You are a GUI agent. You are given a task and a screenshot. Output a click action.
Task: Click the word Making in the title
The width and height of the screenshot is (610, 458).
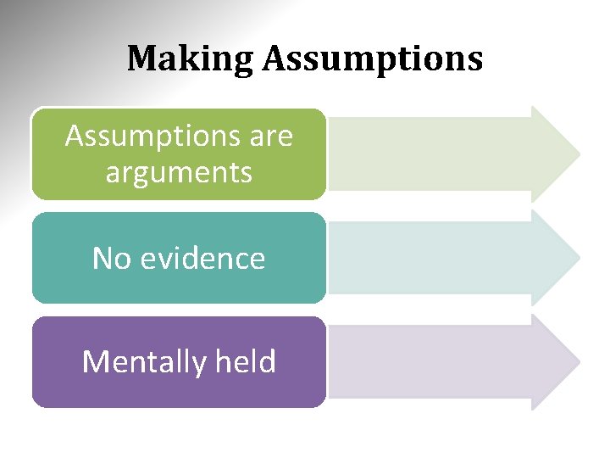(191, 59)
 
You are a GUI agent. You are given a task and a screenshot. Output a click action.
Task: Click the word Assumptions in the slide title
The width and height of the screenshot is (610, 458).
(373, 59)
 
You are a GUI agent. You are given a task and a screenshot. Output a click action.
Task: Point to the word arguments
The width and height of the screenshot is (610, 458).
(179, 173)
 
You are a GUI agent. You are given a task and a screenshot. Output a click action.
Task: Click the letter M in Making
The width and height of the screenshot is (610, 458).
(141, 59)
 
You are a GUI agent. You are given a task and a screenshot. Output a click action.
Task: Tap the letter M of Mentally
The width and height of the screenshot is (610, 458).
(94, 362)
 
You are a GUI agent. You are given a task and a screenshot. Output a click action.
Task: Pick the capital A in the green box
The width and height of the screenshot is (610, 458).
(75, 136)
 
